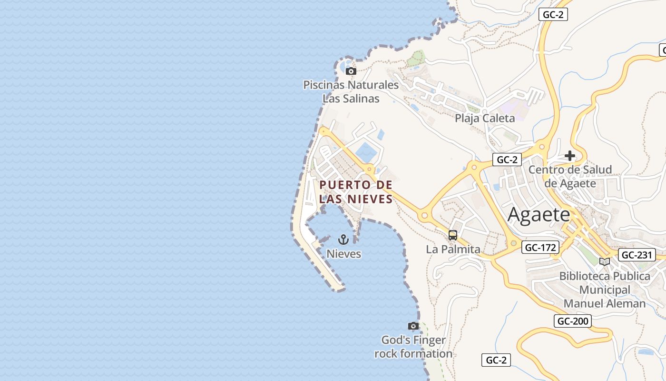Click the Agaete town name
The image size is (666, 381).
click(539, 214)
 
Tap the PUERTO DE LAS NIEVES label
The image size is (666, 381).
click(356, 191)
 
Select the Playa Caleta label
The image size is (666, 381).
click(485, 118)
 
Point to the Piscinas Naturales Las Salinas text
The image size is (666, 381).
click(351, 91)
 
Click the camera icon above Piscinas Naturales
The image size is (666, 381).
click(351, 71)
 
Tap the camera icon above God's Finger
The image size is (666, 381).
click(413, 326)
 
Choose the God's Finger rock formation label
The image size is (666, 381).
click(413, 347)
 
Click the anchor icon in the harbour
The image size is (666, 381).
click(343, 240)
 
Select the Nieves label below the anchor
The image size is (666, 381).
click(343, 254)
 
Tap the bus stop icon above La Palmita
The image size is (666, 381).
click(453, 235)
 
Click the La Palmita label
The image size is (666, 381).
click(453, 249)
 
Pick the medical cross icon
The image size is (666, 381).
click(569, 156)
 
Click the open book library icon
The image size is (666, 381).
click(604, 261)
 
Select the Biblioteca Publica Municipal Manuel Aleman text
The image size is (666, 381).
click(605, 290)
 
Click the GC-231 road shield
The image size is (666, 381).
click(637, 255)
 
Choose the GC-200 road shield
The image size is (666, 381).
click(573, 321)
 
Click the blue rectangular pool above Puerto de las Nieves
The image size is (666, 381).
click(365, 152)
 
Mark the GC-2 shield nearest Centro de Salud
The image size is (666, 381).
click(507, 160)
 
